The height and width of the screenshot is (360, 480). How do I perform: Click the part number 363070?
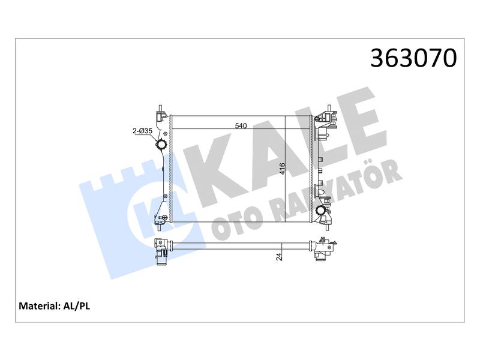pos(413,58)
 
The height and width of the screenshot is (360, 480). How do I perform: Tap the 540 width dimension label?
pos(241,125)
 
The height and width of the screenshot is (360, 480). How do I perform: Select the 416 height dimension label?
pos(282,169)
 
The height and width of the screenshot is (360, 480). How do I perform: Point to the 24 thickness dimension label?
pos(279,257)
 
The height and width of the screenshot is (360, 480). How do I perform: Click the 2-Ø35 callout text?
pos(142,131)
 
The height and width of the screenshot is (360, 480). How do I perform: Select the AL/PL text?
pos(77,306)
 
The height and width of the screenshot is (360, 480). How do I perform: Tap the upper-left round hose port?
pos(161,144)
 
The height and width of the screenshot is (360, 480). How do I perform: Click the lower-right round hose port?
pos(321,211)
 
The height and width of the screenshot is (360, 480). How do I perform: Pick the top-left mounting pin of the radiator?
pos(160,109)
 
